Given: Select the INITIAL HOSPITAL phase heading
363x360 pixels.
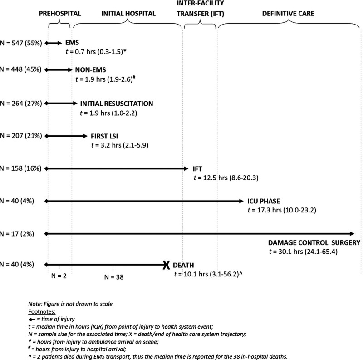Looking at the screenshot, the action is click(128, 14).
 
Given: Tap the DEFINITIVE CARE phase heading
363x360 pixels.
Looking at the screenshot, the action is click(288, 14).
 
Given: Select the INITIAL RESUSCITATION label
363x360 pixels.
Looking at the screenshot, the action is click(117, 104).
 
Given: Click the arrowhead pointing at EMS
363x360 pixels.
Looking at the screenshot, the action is click(59, 43).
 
